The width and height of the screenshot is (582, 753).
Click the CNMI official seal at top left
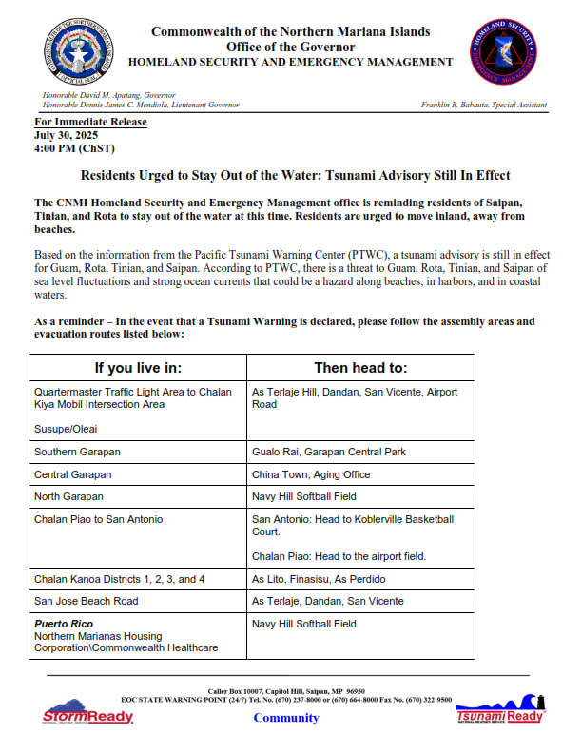[x=75, y=54]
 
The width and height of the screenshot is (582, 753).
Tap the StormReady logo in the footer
[x=87, y=715]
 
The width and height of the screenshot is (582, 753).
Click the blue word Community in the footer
[x=286, y=718]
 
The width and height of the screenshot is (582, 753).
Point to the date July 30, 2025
[x=67, y=135]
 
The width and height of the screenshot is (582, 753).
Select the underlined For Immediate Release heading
[x=90, y=123]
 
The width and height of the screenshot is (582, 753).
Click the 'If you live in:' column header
[x=138, y=368]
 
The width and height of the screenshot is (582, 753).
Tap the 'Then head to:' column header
[x=360, y=368]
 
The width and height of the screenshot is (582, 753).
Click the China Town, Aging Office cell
[x=311, y=474]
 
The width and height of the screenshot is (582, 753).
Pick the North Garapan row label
[x=68, y=496]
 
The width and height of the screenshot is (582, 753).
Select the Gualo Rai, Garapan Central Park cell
[x=329, y=452]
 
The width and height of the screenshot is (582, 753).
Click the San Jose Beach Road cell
[x=86, y=601]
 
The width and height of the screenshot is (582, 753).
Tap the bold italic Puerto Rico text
[x=65, y=624]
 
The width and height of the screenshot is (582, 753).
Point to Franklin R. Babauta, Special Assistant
[x=483, y=105]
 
